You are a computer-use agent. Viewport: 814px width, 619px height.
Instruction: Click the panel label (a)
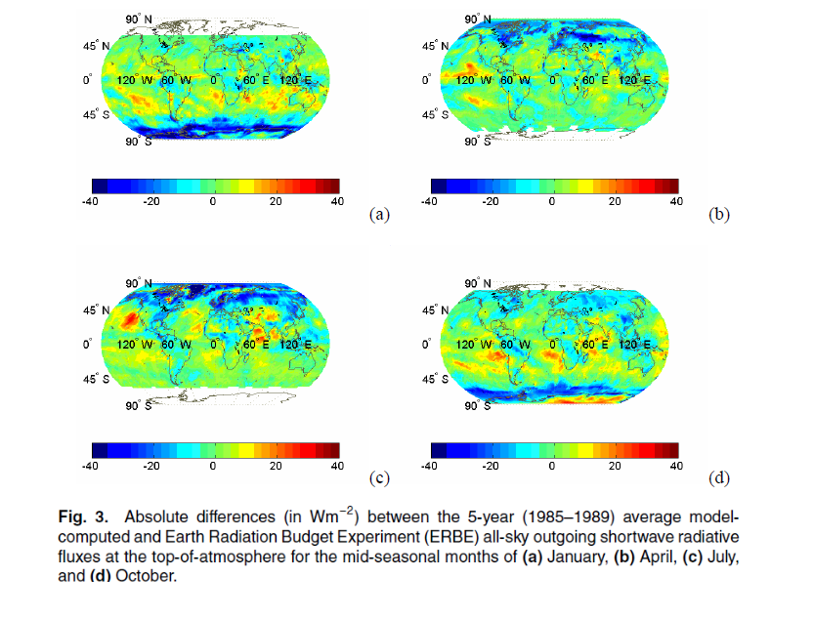click(379, 214)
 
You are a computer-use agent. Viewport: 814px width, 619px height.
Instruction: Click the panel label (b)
click(718, 214)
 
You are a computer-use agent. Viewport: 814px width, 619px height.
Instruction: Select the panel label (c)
click(379, 477)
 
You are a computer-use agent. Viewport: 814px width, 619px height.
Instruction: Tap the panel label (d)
click(718, 477)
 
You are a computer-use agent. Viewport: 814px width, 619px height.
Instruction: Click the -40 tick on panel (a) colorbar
click(91, 201)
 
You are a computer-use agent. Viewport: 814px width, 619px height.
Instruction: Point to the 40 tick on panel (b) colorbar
click(675, 201)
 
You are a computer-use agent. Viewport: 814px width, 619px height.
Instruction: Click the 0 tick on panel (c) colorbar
click(213, 466)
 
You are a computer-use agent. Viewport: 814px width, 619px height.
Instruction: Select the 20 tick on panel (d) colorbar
click(615, 466)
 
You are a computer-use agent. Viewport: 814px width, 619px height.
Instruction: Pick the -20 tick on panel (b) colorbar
click(491, 201)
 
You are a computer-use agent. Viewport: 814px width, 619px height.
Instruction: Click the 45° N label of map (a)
click(96, 46)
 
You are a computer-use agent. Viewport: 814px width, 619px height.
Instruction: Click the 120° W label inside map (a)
click(132, 80)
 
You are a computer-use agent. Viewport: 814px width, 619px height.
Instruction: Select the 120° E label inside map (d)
click(634, 345)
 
